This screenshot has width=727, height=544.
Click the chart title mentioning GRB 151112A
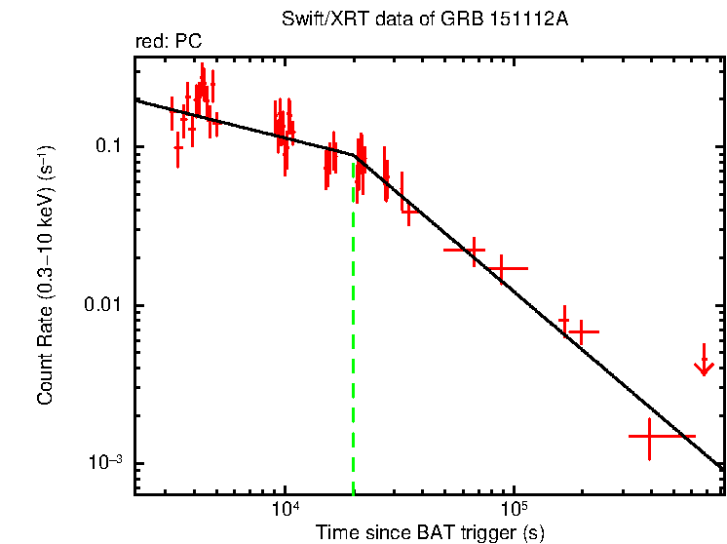[429, 19]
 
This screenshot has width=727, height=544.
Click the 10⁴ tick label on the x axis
[285, 509]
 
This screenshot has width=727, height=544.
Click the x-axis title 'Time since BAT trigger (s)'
[429, 532]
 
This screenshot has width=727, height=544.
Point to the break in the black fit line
[357, 155]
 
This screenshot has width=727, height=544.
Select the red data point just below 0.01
[581, 331]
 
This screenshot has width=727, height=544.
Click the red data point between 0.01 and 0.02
[502, 267]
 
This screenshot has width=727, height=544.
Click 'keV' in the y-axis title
[45, 195]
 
